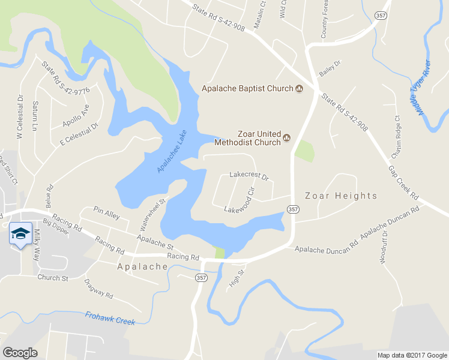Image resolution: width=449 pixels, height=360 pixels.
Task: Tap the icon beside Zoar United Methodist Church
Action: tap(286, 137)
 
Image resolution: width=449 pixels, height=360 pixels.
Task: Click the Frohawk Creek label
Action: tap(110, 318)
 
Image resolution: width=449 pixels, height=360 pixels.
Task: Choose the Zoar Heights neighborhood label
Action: tap(341, 196)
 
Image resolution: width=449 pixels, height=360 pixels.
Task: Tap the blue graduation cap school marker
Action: tap(20, 233)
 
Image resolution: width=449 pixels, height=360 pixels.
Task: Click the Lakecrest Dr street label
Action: tap(249, 176)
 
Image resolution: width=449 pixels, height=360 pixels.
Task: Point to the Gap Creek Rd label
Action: tap(403, 182)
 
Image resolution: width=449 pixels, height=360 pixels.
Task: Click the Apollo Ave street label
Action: tap(76, 116)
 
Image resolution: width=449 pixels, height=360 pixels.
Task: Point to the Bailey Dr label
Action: tap(330, 67)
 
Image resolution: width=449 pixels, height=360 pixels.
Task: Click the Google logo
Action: tap(20, 353)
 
